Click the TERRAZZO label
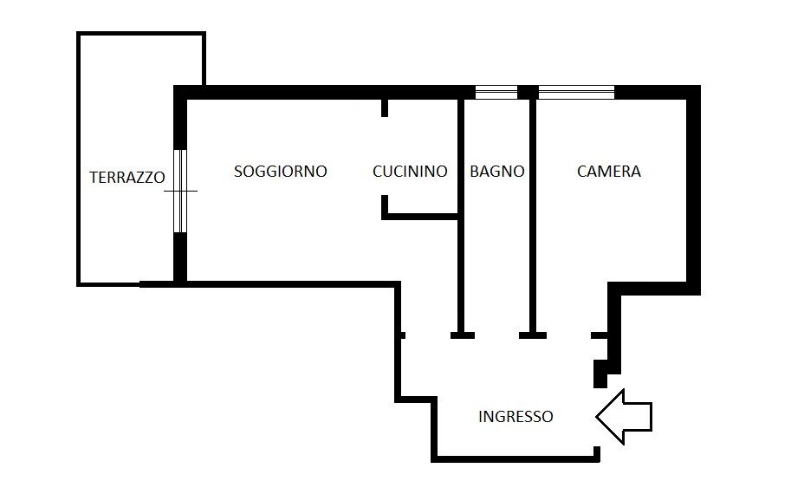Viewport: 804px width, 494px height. (126, 178)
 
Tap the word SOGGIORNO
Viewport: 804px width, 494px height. (281, 172)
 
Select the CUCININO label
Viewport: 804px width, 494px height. (410, 172)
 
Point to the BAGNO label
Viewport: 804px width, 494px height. (497, 172)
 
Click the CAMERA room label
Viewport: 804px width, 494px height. (609, 172)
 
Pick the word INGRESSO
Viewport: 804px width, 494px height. (515, 417)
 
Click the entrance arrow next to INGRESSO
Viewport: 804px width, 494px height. (624, 417)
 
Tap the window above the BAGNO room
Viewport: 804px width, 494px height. (496, 92)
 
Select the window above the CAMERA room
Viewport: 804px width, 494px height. (577, 92)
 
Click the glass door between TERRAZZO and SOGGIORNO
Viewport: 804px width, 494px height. (180, 191)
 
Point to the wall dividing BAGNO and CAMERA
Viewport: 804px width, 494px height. (533, 217)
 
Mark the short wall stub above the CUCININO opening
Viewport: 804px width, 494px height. (384, 108)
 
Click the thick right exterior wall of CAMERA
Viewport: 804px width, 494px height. (693, 191)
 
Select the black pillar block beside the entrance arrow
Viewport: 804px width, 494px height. (600, 374)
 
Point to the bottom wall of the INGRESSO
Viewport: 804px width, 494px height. (515, 458)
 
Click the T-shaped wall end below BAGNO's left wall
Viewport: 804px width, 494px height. (462, 334)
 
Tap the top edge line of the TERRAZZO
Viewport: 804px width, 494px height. (141, 34)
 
